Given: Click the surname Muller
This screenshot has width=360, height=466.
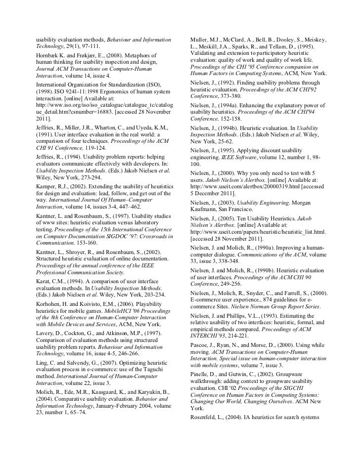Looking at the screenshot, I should click(200, 39).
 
